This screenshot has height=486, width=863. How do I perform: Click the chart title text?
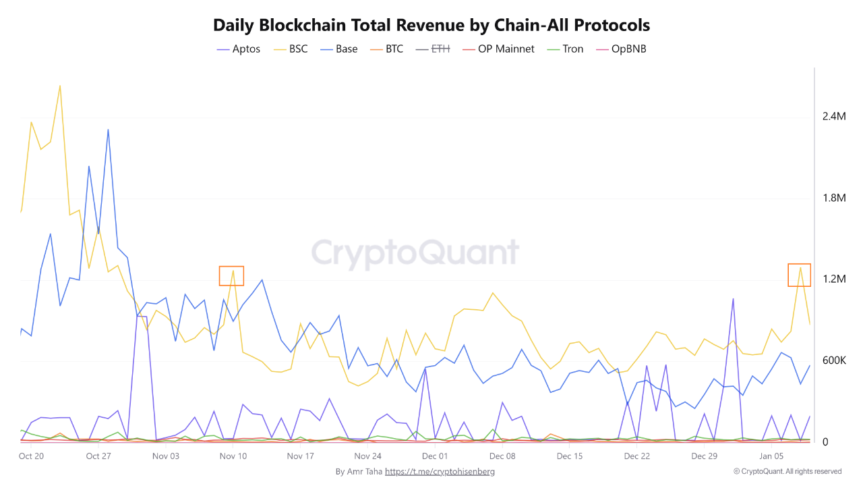[x=431, y=26]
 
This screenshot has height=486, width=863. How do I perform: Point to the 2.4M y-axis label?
[x=833, y=117]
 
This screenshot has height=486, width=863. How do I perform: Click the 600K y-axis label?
[x=833, y=360]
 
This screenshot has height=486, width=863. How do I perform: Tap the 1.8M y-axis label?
[x=833, y=198]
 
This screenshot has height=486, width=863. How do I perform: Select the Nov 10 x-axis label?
[x=233, y=456]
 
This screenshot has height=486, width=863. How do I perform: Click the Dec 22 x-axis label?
[x=636, y=456]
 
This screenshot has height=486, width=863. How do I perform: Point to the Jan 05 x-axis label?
[x=771, y=456]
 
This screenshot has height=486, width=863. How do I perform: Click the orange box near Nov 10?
[x=231, y=275]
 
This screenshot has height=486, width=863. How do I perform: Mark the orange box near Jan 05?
[x=800, y=275]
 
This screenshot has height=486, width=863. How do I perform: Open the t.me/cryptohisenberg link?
[x=440, y=471]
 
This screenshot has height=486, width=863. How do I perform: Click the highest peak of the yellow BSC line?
[x=60, y=86]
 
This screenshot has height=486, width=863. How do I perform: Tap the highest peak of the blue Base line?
[x=108, y=130]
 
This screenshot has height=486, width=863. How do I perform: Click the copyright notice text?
[x=787, y=471]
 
